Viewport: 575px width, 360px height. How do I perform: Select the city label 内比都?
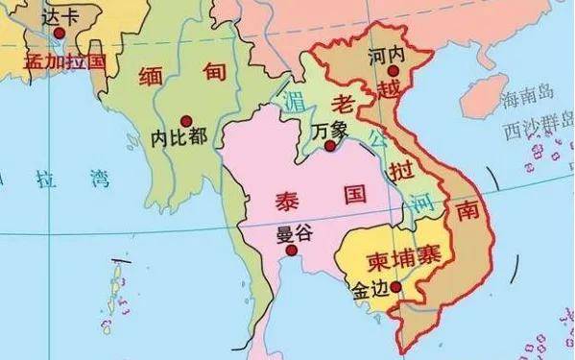click(x=179, y=137)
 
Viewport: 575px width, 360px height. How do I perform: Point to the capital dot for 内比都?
click(x=173, y=120)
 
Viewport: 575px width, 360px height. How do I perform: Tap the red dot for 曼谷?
click(x=292, y=251)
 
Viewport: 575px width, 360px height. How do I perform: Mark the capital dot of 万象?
click(x=330, y=146)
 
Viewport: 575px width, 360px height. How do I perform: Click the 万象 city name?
click(x=330, y=129)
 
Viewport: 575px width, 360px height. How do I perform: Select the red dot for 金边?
click(x=396, y=285)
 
